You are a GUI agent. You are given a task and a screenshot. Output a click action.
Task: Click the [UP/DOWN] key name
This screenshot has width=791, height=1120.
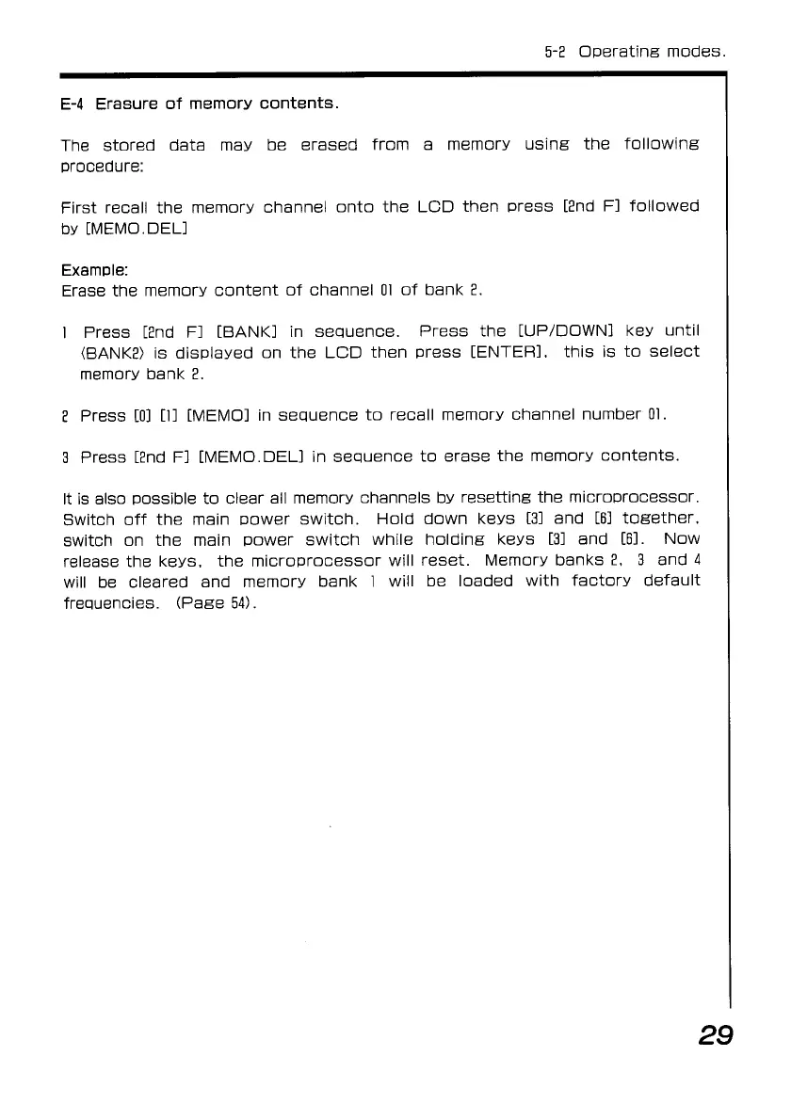coord(562,332)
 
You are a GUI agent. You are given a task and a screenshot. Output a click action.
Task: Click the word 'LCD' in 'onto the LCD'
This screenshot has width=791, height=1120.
coord(437,207)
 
